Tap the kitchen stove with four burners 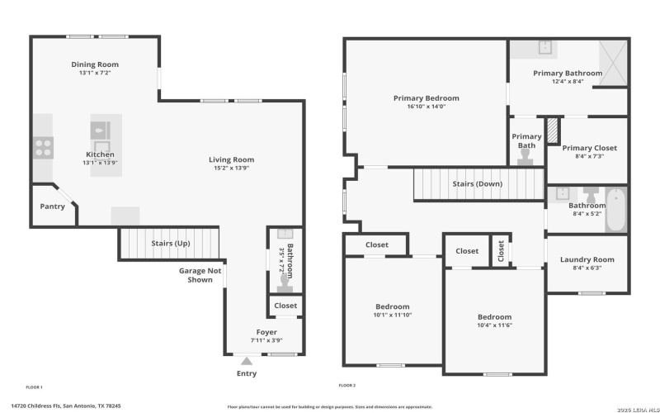43,148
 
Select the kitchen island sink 100,130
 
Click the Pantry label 53,207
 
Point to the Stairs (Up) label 170,244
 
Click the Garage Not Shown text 200,275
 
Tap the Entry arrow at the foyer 246,360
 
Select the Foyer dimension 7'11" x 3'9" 266,339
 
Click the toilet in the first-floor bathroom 285,282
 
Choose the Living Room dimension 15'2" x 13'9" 231,168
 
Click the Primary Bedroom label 426,98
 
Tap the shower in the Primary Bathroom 610,58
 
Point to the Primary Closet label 589,148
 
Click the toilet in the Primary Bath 526,157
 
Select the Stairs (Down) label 477,183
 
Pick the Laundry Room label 587,259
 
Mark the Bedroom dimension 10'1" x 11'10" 393,314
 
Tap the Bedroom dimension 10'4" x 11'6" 494,325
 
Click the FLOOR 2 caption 346,386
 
